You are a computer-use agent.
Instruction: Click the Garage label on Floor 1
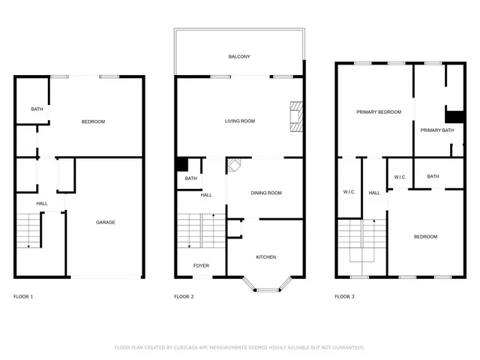pyautogui.click(x=105, y=222)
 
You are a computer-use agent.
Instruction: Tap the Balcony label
pyautogui.click(x=239, y=57)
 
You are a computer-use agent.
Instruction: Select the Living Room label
pyautogui.click(x=240, y=121)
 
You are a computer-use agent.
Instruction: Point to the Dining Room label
pyautogui.click(x=266, y=193)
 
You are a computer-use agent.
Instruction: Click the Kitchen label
pyautogui.click(x=266, y=257)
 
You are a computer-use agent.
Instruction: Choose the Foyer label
pyautogui.click(x=201, y=265)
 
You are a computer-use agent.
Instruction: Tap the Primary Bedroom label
pyautogui.click(x=379, y=112)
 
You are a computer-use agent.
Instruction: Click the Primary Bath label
pyautogui.click(x=436, y=130)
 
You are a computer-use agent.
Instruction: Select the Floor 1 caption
pyautogui.click(x=23, y=297)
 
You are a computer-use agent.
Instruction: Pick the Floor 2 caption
pyautogui.click(x=184, y=297)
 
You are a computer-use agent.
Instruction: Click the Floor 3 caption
pyautogui.click(x=344, y=297)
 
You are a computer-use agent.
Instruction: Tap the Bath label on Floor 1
pyautogui.click(x=37, y=109)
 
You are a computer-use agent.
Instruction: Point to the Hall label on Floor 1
pyautogui.click(x=42, y=203)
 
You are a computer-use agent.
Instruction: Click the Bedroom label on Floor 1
pyautogui.click(x=93, y=121)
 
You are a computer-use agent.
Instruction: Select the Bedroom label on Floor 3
pyautogui.click(x=425, y=237)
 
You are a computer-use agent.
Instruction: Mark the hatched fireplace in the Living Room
pyautogui.click(x=296, y=116)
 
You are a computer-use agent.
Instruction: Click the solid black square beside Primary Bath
pyautogui.click(x=454, y=116)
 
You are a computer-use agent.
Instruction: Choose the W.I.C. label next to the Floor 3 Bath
pyautogui.click(x=400, y=177)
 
